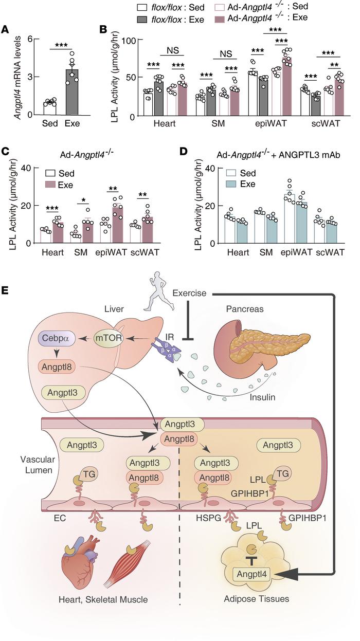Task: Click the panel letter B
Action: pyautogui.click(x=103, y=30)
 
